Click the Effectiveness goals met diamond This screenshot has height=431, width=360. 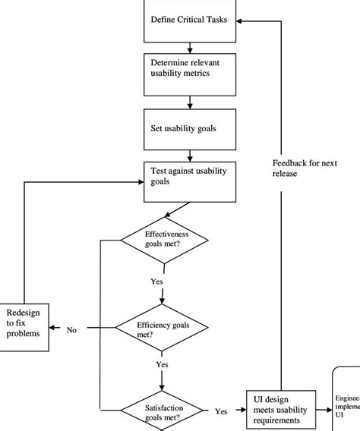(x=165, y=240)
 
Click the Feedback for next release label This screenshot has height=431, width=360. (x=304, y=168)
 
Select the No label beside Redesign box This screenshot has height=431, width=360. (x=71, y=330)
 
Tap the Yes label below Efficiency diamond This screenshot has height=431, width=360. (x=162, y=365)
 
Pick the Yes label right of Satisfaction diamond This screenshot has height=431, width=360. (x=221, y=412)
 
